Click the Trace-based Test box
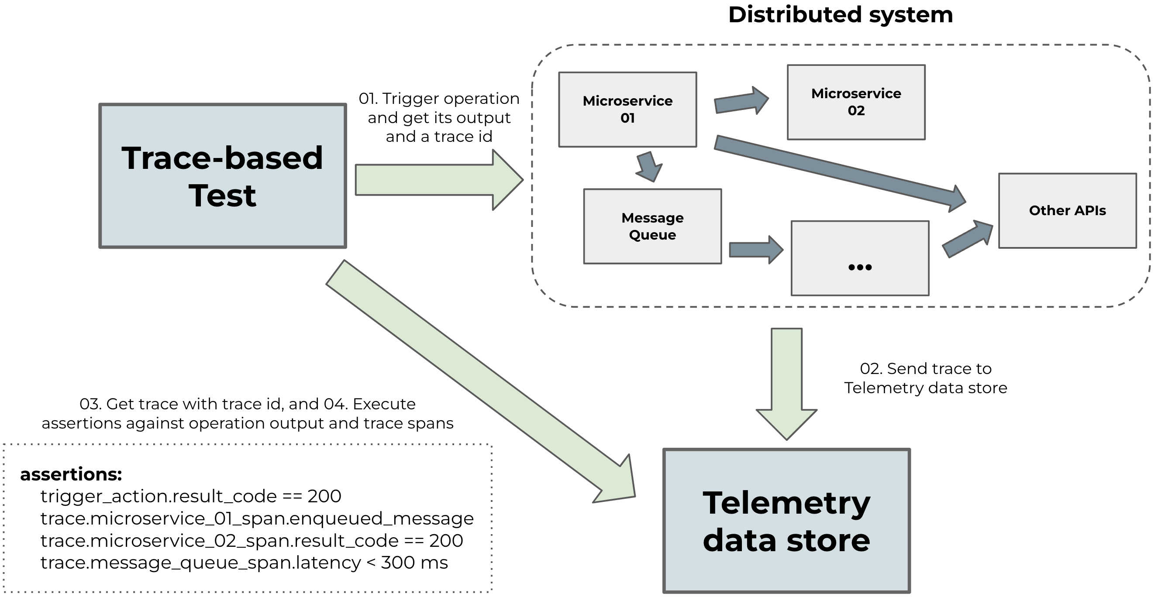tap(223, 175)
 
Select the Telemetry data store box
tap(786, 520)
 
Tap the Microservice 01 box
tap(627, 110)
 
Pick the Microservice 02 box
tap(856, 102)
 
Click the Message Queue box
tap(652, 226)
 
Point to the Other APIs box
tap(1067, 210)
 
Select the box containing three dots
tap(859, 258)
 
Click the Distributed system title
tap(840, 15)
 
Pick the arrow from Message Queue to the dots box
tap(755, 249)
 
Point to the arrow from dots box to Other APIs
tap(966, 240)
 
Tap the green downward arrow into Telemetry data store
tap(786, 384)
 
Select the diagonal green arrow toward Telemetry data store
tap(481, 382)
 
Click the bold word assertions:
tap(71, 474)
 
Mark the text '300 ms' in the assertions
tap(414, 563)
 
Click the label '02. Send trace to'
tap(925, 368)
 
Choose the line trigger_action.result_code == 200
tap(191, 496)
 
